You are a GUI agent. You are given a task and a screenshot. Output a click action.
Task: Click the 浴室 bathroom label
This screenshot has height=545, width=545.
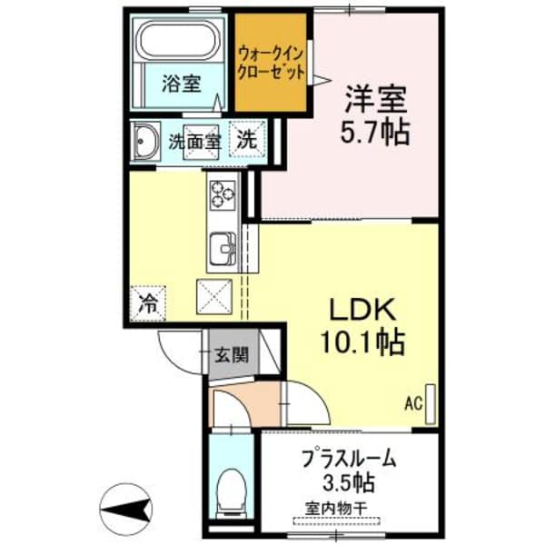click(181, 84)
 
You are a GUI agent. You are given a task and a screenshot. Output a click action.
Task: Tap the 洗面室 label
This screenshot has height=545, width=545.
click(195, 142)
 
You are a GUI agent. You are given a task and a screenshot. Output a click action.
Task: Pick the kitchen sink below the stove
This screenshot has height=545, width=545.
click(223, 246)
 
